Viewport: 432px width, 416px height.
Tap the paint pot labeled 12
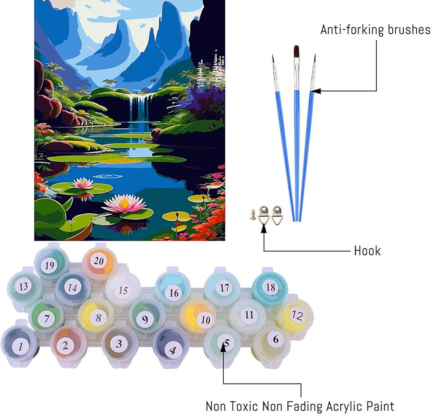[x=296, y=315]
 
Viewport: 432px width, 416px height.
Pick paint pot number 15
[x=123, y=291]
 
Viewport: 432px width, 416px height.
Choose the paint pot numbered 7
[x=46, y=319]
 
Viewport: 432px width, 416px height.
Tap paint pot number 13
[x=24, y=286]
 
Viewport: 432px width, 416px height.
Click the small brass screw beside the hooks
[x=253, y=214]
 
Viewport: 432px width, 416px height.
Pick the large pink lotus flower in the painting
[x=124, y=203]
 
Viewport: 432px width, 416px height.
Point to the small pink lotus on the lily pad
[x=83, y=183]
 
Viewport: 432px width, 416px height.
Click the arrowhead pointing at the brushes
[x=314, y=91]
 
